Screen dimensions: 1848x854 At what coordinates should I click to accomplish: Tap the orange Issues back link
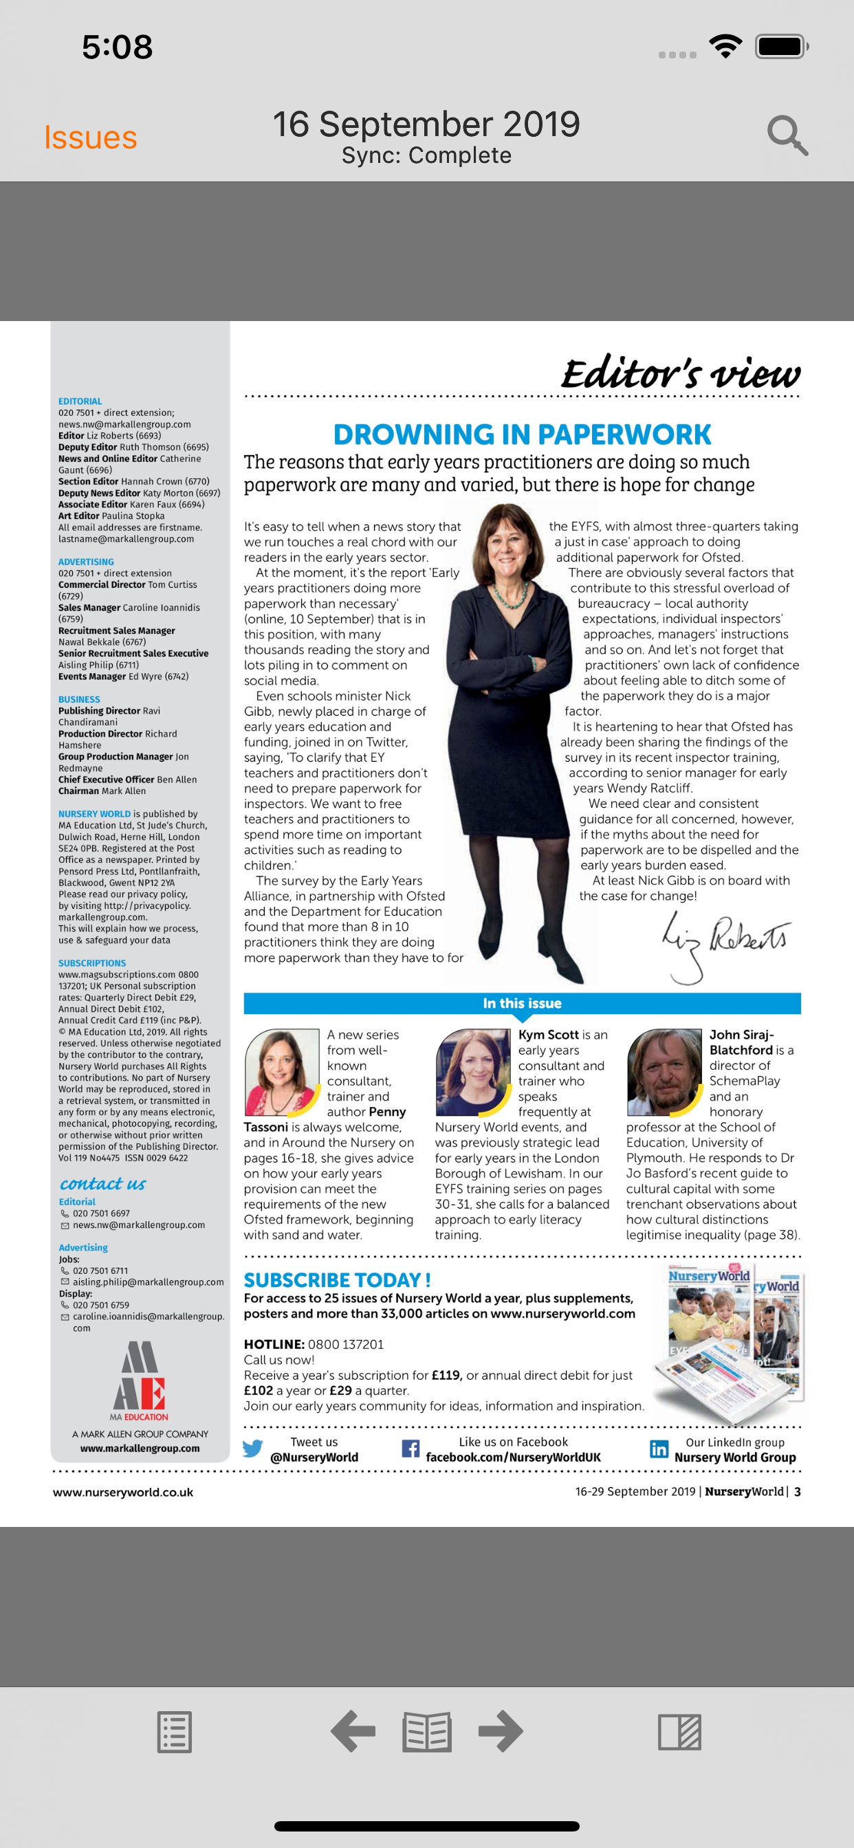[x=91, y=137]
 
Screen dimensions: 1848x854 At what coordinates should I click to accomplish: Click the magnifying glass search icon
[x=787, y=135]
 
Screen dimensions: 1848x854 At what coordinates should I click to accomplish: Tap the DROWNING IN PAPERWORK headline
[x=522, y=434]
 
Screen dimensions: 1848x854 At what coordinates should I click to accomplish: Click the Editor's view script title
[x=679, y=373]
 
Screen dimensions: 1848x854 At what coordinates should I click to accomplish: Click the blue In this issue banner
[x=522, y=1003]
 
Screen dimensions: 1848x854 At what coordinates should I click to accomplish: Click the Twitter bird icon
[x=252, y=1449]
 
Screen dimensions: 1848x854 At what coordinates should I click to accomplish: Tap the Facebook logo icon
[x=410, y=1449]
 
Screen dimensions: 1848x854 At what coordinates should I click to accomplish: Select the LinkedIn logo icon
[x=658, y=1449]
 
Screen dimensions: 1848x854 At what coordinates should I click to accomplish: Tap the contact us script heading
[x=102, y=1183]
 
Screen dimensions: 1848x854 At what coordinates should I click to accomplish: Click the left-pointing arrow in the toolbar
[x=352, y=1731]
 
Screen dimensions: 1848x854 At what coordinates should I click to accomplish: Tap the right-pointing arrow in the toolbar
[x=501, y=1731]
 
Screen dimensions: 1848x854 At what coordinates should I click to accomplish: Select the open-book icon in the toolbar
[x=427, y=1732]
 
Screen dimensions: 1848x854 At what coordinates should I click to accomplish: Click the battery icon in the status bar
[x=781, y=47]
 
